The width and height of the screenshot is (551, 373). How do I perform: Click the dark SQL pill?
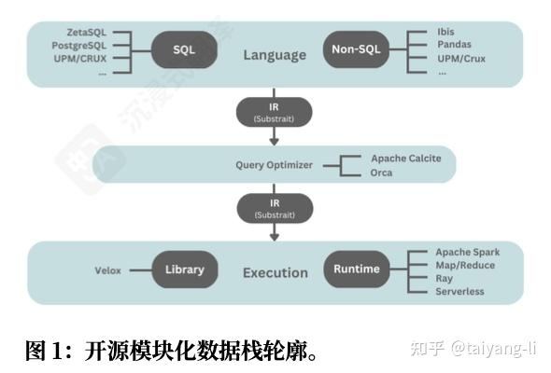pyautogui.click(x=184, y=49)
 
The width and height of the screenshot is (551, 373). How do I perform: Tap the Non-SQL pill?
pyautogui.click(x=356, y=49)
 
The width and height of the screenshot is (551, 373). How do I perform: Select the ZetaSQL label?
pyautogui.click(x=87, y=33)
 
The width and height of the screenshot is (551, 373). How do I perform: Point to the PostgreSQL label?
pyautogui.click(x=79, y=46)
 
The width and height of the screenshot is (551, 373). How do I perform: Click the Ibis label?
pyautogui.click(x=445, y=32)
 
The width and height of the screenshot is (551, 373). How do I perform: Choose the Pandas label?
pyautogui.click(x=454, y=45)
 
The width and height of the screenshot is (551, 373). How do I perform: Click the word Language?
pyautogui.click(x=275, y=55)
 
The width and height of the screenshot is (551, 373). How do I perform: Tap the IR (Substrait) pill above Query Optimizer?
pyautogui.click(x=274, y=112)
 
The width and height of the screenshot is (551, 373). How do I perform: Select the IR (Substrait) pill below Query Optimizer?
pyautogui.click(x=275, y=209)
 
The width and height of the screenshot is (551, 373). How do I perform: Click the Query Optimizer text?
pyautogui.click(x=274, y=165)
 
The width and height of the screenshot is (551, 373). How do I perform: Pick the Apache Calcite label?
pyautogui.click(x=406, y=159)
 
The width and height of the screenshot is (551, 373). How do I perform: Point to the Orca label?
pyautogui.click(x=381, y=173)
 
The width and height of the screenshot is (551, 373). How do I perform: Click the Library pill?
pyautogui.click(x=185, y=269)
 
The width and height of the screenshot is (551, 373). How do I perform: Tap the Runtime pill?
pyautogui.click(x=357, y=269)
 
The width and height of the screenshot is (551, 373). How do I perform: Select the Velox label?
pyautogui.click(x=108, y=270)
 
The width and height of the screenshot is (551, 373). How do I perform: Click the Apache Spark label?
pyautogui.click(x=468, y=252)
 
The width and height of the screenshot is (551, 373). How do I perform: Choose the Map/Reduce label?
pyautogui.click(x=465, y=265)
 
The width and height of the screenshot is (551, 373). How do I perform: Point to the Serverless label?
pyautogui.click(x=459, y=291)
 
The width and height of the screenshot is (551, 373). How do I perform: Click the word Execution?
pyautogui.click(x=275, y=272)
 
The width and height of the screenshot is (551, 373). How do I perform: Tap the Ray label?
pyautogui.click(x=445, y=279)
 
